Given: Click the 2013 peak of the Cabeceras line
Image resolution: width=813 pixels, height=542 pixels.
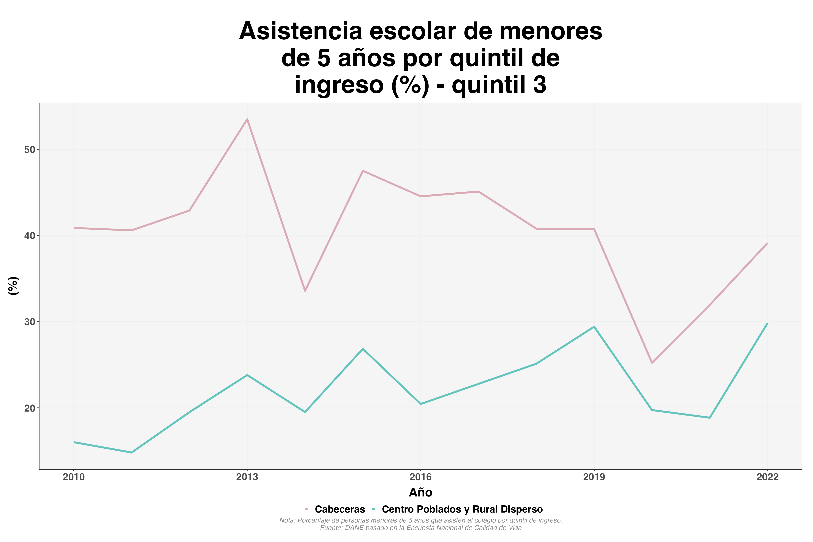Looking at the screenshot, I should [x=247, y=119].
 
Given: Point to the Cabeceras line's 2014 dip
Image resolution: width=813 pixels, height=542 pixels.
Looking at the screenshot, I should [x=305, y=291].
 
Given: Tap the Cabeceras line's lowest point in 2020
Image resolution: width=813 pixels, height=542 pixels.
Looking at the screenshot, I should [x=652, y=363].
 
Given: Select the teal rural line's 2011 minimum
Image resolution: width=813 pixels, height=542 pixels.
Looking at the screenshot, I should [x=131, y=452].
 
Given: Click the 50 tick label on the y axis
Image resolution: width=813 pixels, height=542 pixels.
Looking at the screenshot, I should [x=30, y=150].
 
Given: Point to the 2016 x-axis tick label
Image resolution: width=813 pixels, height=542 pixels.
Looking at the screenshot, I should [x=420, y=477].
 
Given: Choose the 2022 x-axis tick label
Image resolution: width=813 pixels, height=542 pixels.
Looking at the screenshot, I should [x=767, y=477].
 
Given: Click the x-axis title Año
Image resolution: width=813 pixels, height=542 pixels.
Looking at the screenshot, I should [x=420, y=492].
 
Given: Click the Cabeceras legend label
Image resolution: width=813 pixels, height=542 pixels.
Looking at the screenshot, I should [x=340, y=509].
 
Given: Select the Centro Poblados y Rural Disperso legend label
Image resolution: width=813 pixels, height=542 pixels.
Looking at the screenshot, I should [x=462, y=509].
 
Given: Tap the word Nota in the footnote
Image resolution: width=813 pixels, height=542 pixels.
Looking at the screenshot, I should [x=287, y=520].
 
